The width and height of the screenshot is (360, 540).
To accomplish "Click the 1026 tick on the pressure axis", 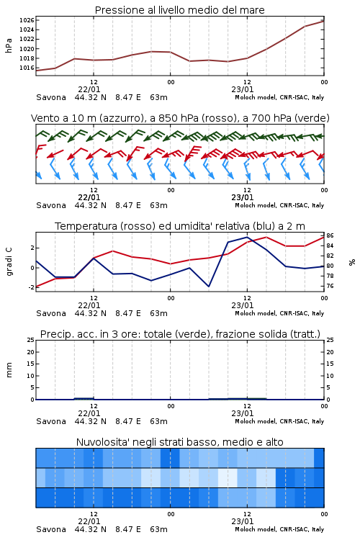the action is (27, 20).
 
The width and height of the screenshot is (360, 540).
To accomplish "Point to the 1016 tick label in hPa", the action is (27, 68).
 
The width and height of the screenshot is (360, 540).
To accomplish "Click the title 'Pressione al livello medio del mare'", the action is (180, 10).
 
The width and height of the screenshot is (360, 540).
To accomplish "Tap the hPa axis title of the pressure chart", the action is (9, 45).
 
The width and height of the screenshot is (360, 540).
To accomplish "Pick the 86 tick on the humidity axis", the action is (330, 235).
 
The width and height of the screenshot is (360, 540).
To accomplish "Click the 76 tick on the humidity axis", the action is (330, 286).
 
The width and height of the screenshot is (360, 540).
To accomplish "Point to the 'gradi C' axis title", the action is (9, 261).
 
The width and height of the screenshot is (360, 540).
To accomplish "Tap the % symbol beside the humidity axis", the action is (352, 262).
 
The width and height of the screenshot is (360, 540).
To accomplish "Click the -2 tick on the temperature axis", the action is (32, 287).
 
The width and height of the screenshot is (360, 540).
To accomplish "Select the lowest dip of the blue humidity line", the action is (209, 287).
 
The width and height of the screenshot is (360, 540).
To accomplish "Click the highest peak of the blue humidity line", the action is (247, 237).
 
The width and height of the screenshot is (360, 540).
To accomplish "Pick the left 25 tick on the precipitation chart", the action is (31, 340).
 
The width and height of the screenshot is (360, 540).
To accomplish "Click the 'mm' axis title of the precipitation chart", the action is (9, 370).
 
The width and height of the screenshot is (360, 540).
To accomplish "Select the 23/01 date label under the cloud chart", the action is (243, 521).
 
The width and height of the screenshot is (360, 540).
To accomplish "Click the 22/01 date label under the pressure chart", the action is (89, 89).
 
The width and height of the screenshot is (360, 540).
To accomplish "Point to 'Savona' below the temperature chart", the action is (51, 313).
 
